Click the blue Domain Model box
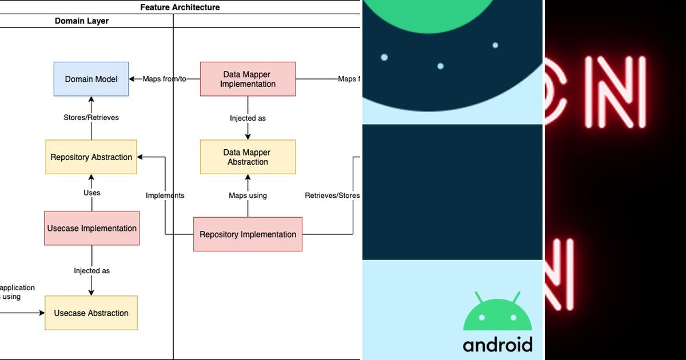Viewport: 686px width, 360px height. pyautogui.click(x=91, y=79)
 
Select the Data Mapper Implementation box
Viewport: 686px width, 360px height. pyautogui.click(x=248, y=79)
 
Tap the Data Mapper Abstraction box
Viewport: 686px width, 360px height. pyautogui.click(x=248, y=157)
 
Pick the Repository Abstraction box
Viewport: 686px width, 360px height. pyautogui.click(x=91, y=157)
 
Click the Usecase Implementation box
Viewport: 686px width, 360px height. pyautogui.click(x=91, y=228)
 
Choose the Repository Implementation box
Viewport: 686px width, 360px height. pyautogui.click(x=248, y=234)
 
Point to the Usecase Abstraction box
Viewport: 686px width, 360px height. pyautogui.click(x=91, y=313)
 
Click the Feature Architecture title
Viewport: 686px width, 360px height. pyautogui.click(x=180, y=7)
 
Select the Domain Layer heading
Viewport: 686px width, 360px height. pyautogui.click(x=82, y=21)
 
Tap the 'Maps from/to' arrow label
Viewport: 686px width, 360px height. pyautogui.click(x=165, y=79)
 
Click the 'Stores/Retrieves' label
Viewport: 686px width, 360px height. pyautogui.click(x=91, y=118)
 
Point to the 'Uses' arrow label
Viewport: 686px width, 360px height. pyautogui.click(x=91, y=193)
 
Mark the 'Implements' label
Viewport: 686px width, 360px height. pyautogui.click(x=165, y=195)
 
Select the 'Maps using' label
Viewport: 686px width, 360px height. pyautogui.click(x=248, y=195)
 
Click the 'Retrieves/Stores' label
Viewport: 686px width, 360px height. pyautogui.click(x=332, y=195)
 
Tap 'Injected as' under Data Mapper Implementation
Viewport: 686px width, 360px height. pyautogui.click(x=248, y=118)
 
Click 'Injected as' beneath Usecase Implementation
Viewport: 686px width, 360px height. pyautogui.click(x=91, y=271)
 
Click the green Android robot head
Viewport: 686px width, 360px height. pyautogui.click(x=497, y=315)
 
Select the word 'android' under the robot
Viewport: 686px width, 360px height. pyautogui.click(x=497, y=345)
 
